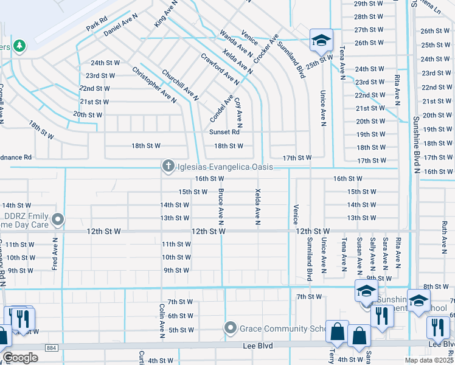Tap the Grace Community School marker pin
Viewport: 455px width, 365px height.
pyautogui.click(x=230, y=328)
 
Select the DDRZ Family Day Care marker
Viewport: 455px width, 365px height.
pyautogui.click(x=58, y=218)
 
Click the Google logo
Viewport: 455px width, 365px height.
pyautogui.click(x=20, y=358)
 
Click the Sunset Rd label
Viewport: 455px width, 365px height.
pyautogui.click(x=224, y=132)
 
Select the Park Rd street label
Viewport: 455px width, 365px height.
pyautogui.click(x=96, y=24)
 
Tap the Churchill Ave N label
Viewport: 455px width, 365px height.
pyautogui.click(x=180, y=85)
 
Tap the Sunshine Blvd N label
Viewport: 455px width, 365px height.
pyautogui.click(x=417, y=145)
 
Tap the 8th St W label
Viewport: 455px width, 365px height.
pyautogui.click(x=436, y=286)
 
